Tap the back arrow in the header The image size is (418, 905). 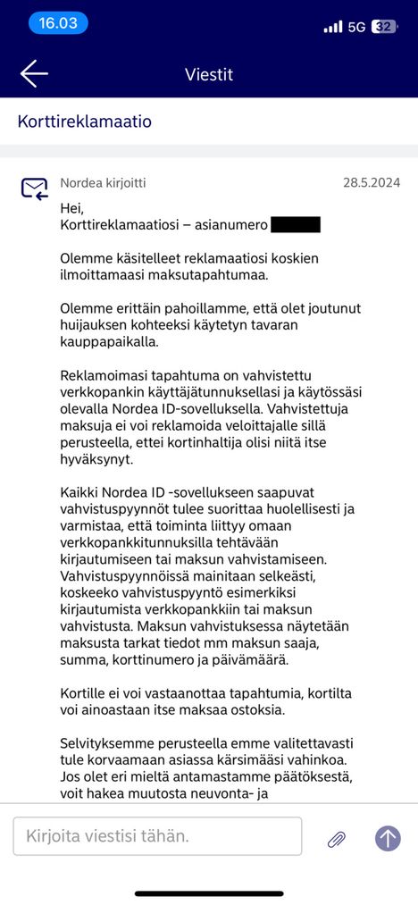point(34,74)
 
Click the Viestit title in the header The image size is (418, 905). point(209,74)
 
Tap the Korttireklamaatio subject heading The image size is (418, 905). point(84,121)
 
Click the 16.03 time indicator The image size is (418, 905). point(58,23)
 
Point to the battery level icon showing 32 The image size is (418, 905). point(384,27)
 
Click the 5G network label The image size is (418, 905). point(357,27)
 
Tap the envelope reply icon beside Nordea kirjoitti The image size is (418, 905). point(34,189)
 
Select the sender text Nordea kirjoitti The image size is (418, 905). point(103,183)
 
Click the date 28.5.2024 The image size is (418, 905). point(372,183)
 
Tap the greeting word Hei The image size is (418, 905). point(71,208)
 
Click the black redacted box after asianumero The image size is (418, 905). point(295,225)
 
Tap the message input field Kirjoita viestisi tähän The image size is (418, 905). point(157,837)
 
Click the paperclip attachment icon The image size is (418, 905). point(337,838)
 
